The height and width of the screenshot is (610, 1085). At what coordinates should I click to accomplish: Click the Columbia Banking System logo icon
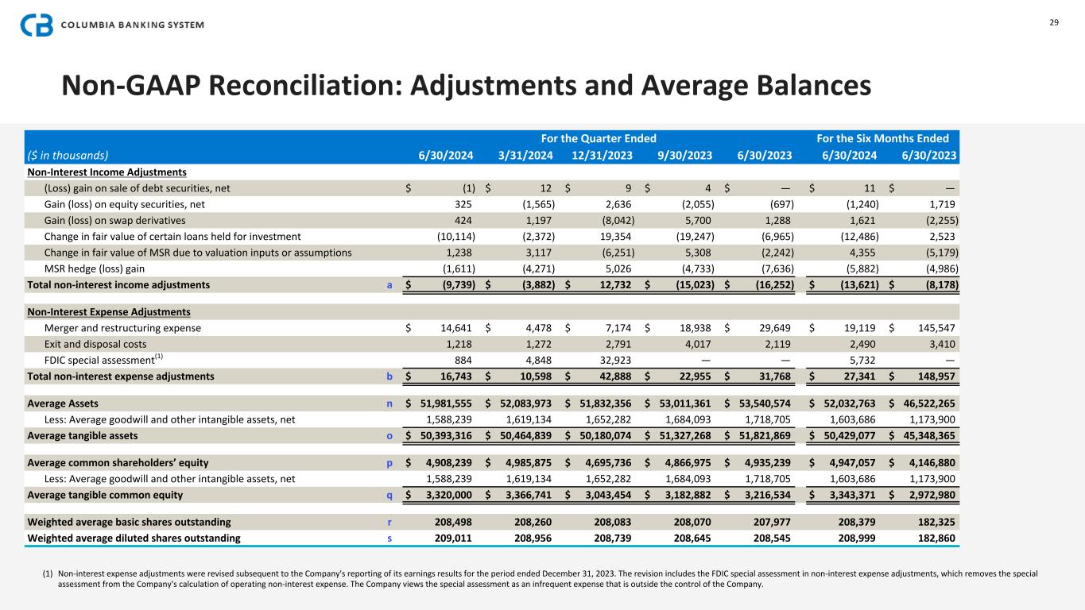coord(37,25)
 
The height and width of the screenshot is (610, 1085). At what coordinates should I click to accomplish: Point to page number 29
coord(1054,22)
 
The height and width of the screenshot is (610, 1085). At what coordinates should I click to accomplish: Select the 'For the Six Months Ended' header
coord(888,138)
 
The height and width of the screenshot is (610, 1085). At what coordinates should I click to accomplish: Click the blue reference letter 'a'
coord(389,284)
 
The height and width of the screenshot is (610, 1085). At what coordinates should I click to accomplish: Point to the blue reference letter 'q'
coord(389,495)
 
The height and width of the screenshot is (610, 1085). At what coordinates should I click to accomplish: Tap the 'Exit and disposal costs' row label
coord(91,344)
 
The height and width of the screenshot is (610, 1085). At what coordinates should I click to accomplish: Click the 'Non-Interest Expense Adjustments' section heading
coord(108,311)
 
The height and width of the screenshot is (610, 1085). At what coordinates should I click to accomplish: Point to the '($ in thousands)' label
coord(68,156)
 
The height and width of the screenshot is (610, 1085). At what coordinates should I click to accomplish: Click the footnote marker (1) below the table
coord(49,573)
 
